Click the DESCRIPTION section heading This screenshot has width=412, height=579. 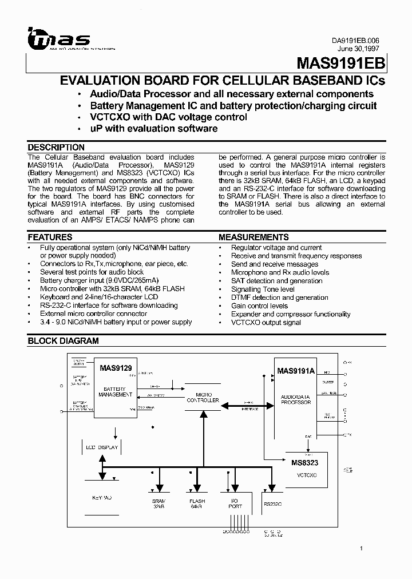56,147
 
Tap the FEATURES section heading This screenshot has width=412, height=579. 50,237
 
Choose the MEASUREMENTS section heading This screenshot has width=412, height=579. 253,237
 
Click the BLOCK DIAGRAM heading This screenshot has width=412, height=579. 64,341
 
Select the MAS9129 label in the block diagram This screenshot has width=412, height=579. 116,369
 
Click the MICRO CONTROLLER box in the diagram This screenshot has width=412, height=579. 203,398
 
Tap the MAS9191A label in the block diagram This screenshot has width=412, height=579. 296,371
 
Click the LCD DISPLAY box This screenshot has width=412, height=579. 102,447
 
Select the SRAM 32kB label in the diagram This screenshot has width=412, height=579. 159,503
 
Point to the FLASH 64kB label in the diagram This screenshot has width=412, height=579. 197,503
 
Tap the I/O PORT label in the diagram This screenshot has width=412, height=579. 235,503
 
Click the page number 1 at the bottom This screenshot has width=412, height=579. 362,549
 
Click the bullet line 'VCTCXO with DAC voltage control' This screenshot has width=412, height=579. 169,117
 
